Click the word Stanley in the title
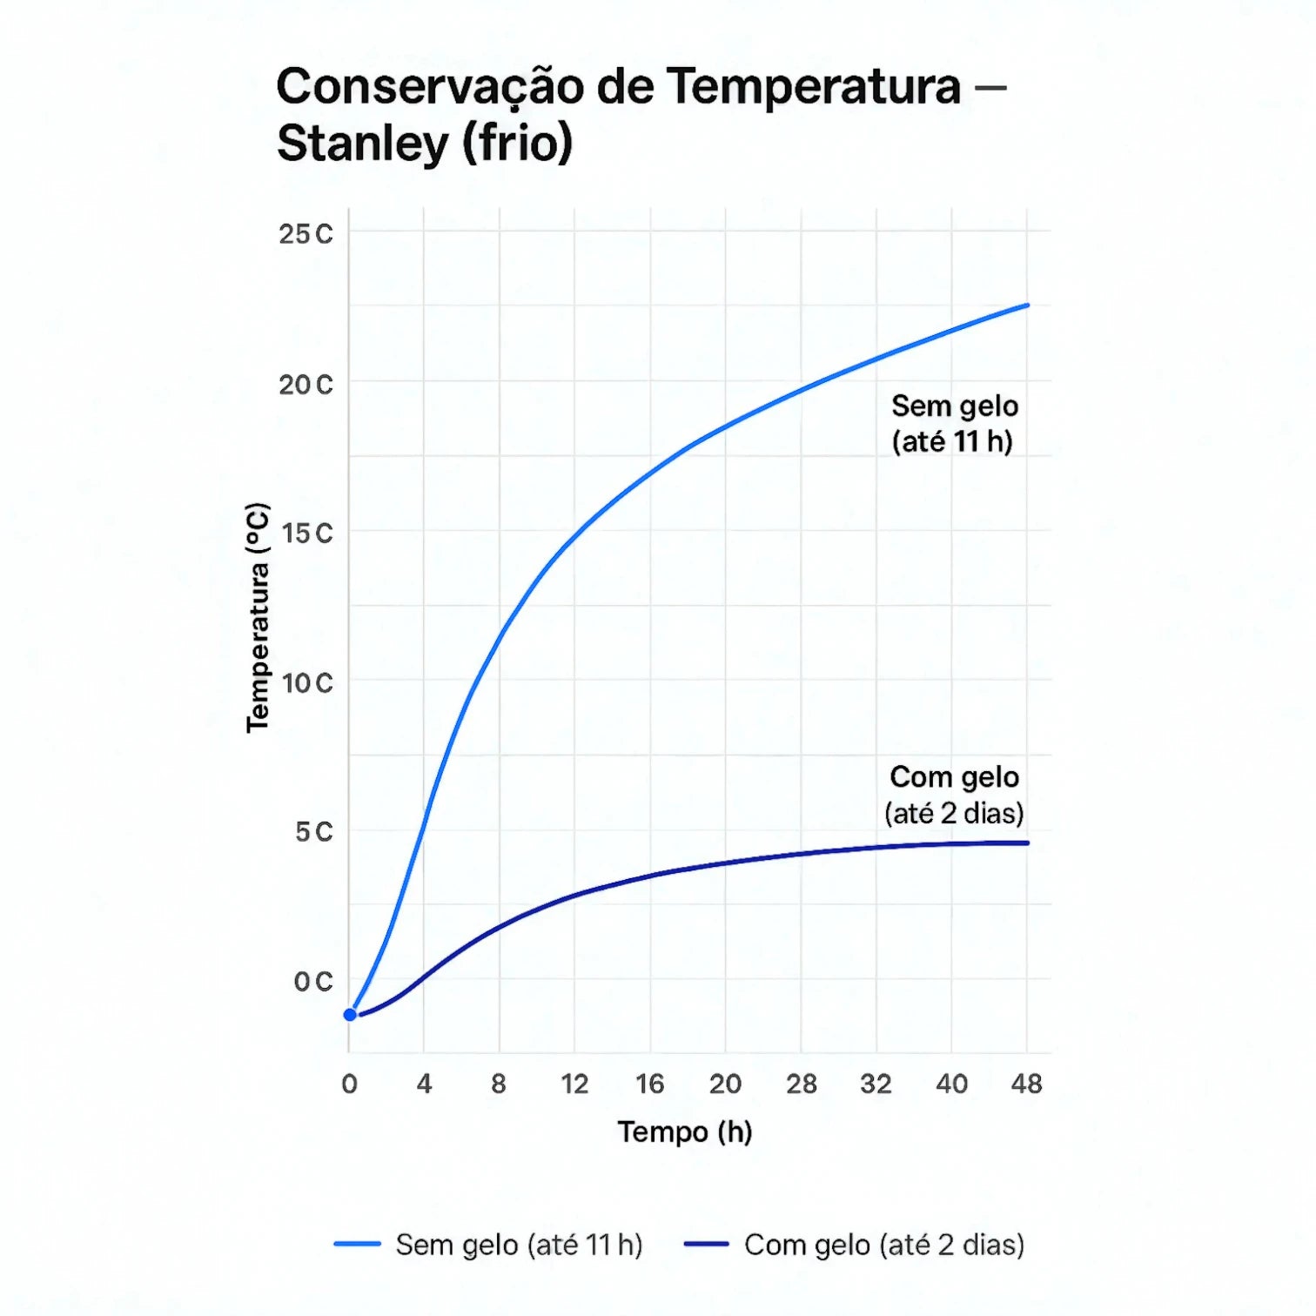click(362, 144)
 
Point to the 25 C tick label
click(305, 234)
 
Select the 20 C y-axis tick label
click(305, 385)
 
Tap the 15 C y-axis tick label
click(306, 534)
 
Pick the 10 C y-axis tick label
click(306, 683)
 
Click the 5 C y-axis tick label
click(313, 832)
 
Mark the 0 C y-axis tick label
click(312, 982)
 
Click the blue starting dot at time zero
click(350, 1015)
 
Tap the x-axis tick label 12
click(574, 1084)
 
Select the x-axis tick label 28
click(801, 1084)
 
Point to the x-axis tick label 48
click(1027, 1084)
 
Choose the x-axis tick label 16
click(649, 1084)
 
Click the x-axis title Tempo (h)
click(685, 1131)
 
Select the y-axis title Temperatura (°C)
click(258, 618)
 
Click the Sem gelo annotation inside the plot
click(954, 424)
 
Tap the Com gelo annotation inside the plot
click(954, 795)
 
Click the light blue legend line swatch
click(357, 1245)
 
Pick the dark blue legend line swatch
click(706, 1245)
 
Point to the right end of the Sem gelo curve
click(1027, 305)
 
